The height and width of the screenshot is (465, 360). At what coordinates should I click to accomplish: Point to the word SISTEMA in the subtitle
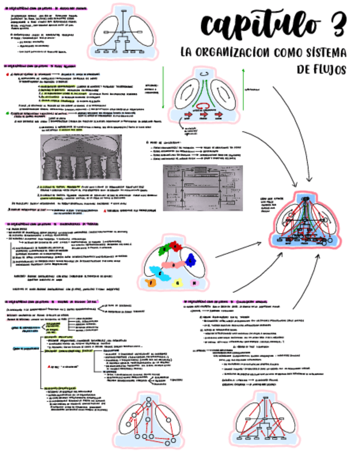[327, 53]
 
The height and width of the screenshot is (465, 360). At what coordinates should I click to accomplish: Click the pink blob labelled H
[194, 282]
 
